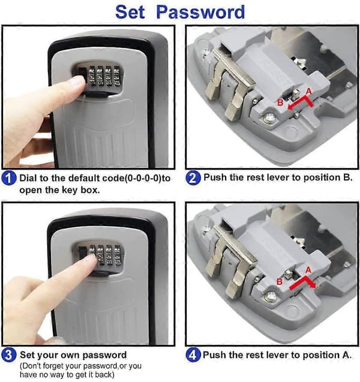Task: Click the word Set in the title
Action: coord(130,12)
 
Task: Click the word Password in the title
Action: coord(200,12)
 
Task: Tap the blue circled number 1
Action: coord(8,178)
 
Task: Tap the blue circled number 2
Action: coord(193,178)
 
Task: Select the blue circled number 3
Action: coord(8,355)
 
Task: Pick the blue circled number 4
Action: coord(193,355)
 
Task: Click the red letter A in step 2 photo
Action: coord(309,92)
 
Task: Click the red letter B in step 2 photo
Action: coord(280,103)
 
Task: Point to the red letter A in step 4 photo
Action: coord(308,270)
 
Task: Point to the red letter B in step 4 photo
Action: coord(280,282)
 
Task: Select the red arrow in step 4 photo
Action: coord(303,282)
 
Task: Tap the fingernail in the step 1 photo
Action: coord(79,82)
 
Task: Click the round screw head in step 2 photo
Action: coord(269,119)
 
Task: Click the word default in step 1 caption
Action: coord(84,178)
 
